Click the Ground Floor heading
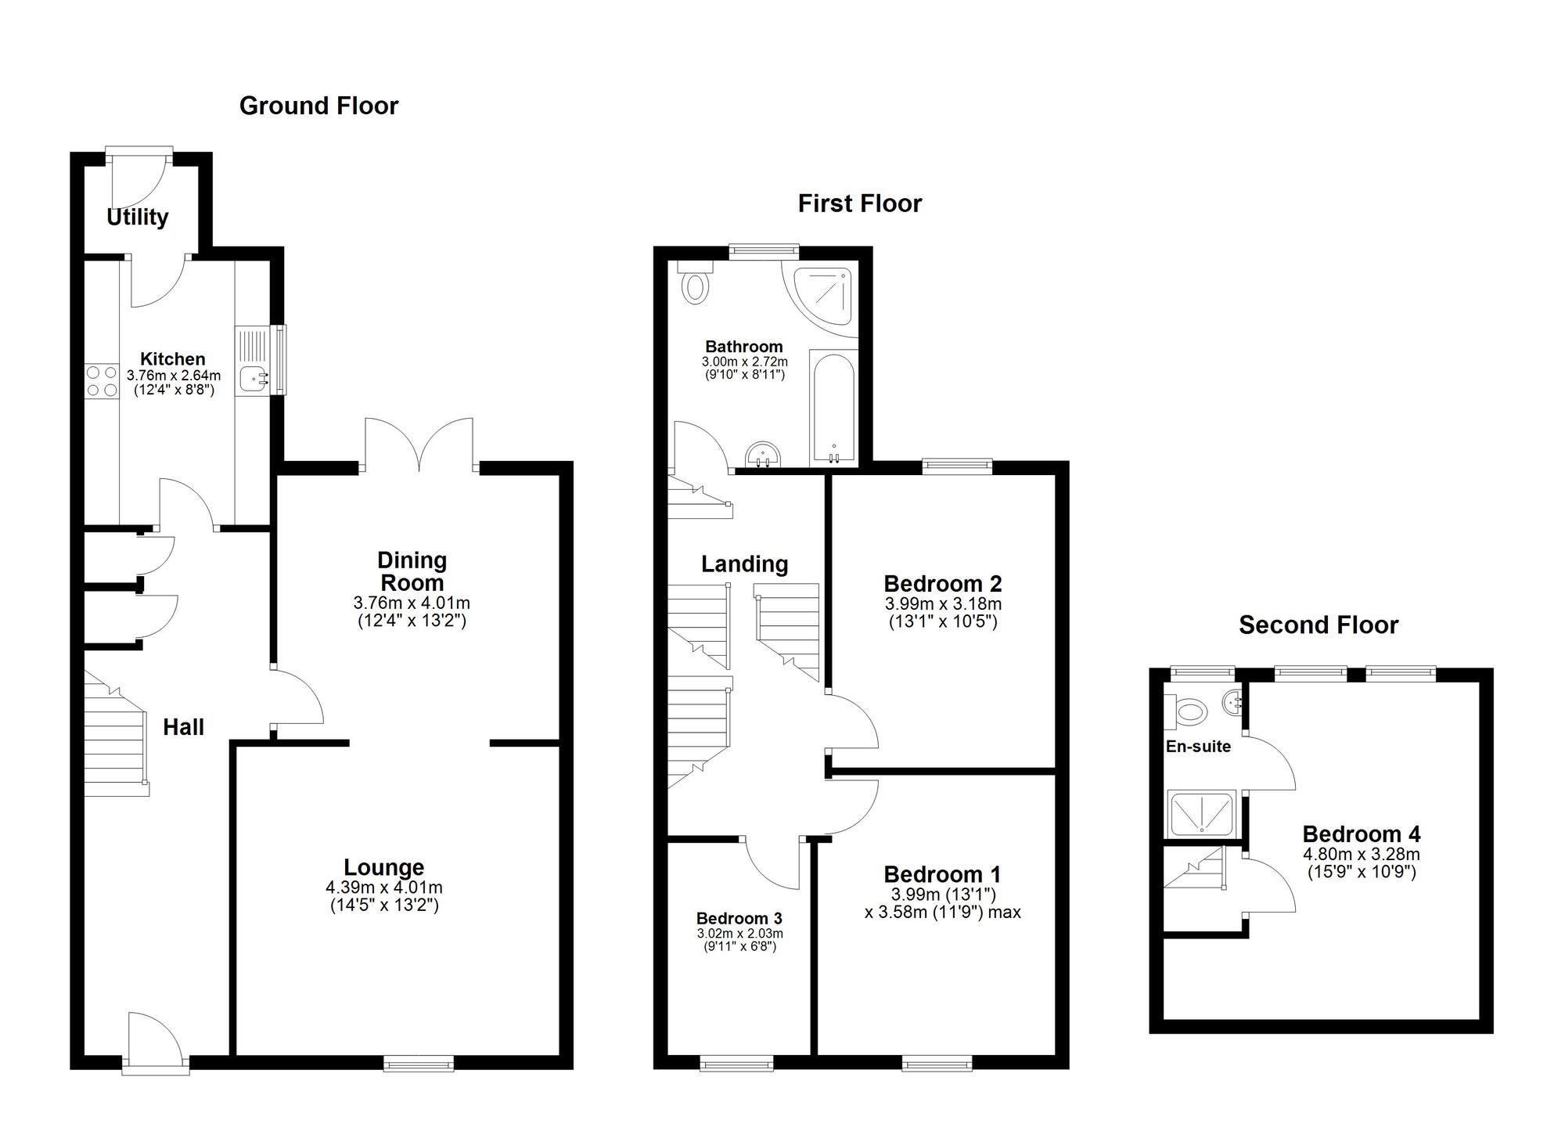(x=318, y=106)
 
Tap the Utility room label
(x=138, y=217)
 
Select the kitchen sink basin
(x=253, y=379)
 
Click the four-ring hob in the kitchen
(x=101, y=381)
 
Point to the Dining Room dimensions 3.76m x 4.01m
(x=412, y=603)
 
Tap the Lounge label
(x=383, y=867)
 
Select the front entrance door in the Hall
(x=155, y=1041)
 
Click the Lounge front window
(x=419, y=1063)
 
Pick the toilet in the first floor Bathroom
(x=695, y=284)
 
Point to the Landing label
(x=744, y=564)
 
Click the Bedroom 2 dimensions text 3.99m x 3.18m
(x=943, y=604)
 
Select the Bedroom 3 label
(x=739, y=918)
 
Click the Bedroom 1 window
(x=937, y=1063)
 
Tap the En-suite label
(x=1198, y=747)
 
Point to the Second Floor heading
(x=1318, y=625)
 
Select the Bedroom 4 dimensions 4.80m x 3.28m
(x=1362, y=855)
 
